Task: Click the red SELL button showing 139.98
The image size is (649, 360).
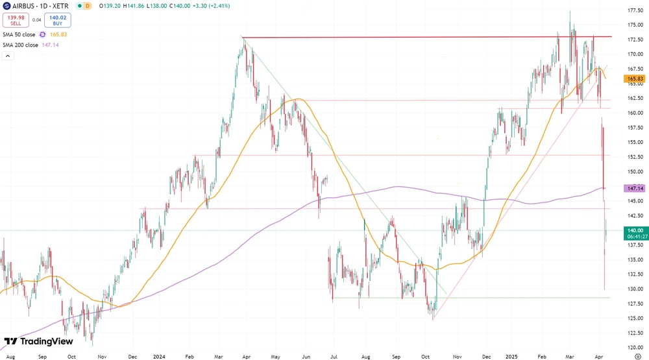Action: click(x=16, y=20)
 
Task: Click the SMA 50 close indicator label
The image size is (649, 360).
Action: click(x=19, y=34)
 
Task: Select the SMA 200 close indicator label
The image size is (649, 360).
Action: click(x=21, y=45)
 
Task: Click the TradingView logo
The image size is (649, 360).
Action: click(x=38, y=342)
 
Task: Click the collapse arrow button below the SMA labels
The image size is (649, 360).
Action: click(x=8, y=56)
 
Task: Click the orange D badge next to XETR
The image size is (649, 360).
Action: click(x=88, y=5)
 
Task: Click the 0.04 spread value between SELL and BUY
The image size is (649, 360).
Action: click(x=36, y=20)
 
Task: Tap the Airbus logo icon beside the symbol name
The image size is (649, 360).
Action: click(x=6, y=5)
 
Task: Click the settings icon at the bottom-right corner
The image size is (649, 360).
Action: click(x=637, y=356)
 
